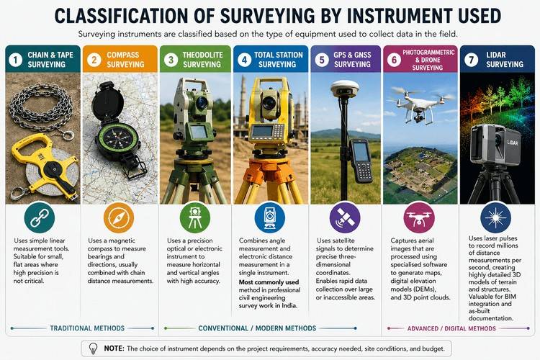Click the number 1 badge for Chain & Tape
pos(16,60)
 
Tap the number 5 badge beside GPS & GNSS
pos(322,60)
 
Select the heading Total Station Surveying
pos(278,60)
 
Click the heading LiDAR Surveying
pos(505,60)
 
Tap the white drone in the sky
pos(419,103)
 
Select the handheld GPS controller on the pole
pos(361,160)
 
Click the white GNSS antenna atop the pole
pos(343,89)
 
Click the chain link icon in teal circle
pos(40,217)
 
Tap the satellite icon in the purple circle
pos(345,217)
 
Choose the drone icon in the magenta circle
pos(419,217)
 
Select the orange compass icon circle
pos(119,217)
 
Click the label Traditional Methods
pos(87,328)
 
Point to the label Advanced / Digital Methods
pos(451,328)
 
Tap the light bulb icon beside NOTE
pos(93,348)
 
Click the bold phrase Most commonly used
pos(269,282)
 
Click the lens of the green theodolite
pos(202,103)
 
